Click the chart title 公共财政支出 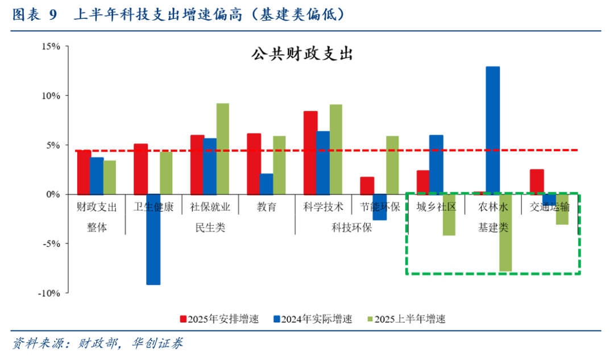coord(302,54)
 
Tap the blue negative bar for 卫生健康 coord(153,239)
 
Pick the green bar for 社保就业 coord(223,148)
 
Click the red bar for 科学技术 coord(310,152)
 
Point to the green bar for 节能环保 coord(393,165)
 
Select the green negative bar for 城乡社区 coord(449,214)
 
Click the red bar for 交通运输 coord(537,181)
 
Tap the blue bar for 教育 coord(266,184)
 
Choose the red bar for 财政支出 coord(84,172)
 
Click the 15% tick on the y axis coord(51,46)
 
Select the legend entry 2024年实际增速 coord(312,319)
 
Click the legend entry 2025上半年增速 coord(406,319)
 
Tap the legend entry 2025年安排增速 coord(219,319)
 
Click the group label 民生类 coord(210,227)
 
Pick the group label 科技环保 coord(351,227)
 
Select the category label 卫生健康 coord(153,207)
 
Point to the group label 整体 coord(97,227)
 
